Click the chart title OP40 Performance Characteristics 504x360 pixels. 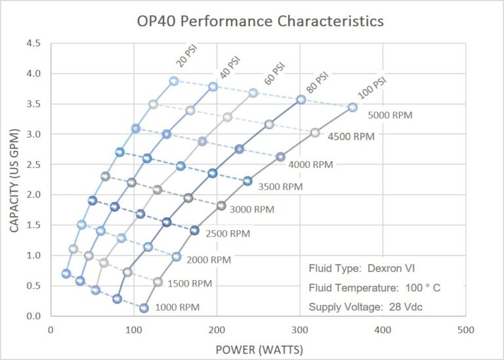[x=261, y=21]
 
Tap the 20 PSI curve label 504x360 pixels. [x=187, y=56]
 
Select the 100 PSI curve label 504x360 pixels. [x=372, y=88]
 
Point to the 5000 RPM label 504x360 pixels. [x=390, y=115]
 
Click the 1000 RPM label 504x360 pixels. [x=177, y=308]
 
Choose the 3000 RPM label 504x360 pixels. [x=252, y=209]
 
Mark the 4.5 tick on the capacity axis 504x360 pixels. [x=33, y=43]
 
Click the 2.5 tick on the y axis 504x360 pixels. [x=33, y=165]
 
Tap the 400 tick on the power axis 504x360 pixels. [x=383, y=330]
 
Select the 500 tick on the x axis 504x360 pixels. [x=466, y=330]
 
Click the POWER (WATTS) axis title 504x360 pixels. [x=259, y=350]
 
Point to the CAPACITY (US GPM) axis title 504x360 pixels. [x=14, y=180]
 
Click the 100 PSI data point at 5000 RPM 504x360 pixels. [x=352, y=108]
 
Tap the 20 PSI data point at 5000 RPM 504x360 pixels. [x=174, y=81]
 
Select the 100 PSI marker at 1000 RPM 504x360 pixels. [x=144, y=308]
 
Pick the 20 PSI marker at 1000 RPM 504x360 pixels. [x=66, y=273]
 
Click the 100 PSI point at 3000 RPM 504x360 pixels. [x=221, y=206]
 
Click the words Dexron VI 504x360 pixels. [x=391, y=268]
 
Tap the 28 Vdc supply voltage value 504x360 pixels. [x=406, y=307]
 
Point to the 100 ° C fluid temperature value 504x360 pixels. [x=423, y=287]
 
